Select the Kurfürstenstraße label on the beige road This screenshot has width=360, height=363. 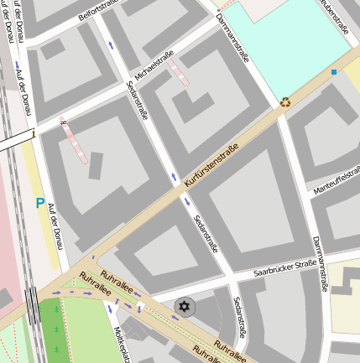[x=214, y=165]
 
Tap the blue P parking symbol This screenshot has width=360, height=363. [x=39, y=202]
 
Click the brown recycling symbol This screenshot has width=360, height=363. [x=285, y=102]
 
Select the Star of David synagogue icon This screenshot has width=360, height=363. [x=184, y=307]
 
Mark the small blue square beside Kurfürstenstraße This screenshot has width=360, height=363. [x=333, y=73]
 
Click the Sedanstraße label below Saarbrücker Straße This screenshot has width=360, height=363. [x=240, y=319]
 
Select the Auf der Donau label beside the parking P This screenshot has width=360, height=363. [x=55, y=227]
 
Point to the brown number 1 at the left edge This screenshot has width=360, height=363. [x=34, y=132]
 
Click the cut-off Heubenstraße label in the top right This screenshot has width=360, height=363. [x=336, y=16]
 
